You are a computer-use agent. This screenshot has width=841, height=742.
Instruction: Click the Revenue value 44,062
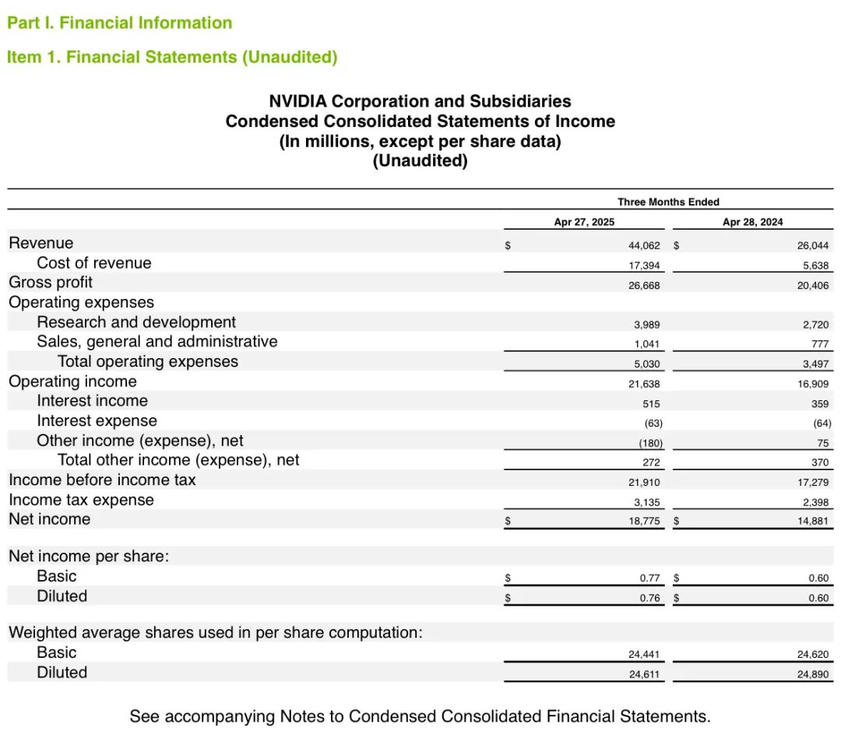pyautogui.click(x=644, y=244)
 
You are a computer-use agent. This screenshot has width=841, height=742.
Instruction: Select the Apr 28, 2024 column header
pyautogui.click(x=752, y=222)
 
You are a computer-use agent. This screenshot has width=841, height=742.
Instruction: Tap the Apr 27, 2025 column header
pyautogui.click(x=584, y=222)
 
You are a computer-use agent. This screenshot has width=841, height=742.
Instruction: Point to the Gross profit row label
pyautogui.click(x=51, y=283)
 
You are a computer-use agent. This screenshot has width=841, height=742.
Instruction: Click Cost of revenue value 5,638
pyautogui.click(x=815, y=265)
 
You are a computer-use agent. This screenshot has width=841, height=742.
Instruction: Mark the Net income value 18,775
pyautogui.click(x=644, y=521)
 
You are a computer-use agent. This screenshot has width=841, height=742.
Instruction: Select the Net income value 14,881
pyautogui.click(x=813, y=521)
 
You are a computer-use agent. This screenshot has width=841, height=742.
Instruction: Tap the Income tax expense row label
pyautogui.click(x=81, y=500)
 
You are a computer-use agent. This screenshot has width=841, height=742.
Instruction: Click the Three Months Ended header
pyautogui.click(x=668, y=202)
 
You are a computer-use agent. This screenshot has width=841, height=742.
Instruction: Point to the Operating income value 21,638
pyautogui.click(x=644, y=383)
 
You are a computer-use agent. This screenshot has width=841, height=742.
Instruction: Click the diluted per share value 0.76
pyautogui.click(x=649, y=598)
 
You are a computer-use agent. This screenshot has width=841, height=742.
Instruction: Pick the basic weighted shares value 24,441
pyautogui.click(x=644, y=655)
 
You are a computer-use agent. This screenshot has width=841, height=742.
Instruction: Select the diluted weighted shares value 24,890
pyautogui.click(x=813, y=674)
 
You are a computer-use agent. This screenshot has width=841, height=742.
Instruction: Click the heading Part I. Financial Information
pyautogui.click(x=119, y=23)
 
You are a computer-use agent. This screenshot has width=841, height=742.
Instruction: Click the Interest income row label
pyautogui.click(x=92, y=401)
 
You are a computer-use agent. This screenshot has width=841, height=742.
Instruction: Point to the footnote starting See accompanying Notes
pyautogui.click(x=420, y=716)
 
